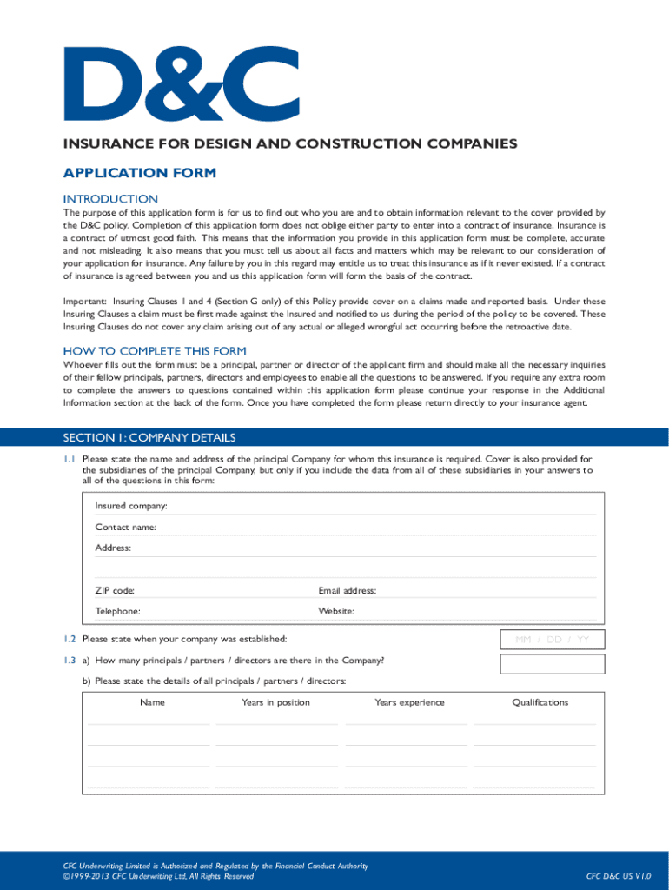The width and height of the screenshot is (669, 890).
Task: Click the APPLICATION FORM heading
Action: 139,173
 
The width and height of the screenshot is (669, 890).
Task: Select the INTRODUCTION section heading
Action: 110,199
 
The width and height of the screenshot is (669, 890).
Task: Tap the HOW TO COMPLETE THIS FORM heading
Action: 155,351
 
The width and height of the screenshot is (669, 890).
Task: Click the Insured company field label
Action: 131,506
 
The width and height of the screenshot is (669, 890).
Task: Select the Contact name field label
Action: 126,527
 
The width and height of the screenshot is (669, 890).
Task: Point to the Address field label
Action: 113,548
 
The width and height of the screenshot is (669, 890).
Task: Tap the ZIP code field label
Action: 115,590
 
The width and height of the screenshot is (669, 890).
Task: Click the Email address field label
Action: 347,590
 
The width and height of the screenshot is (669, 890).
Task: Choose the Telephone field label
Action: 117,611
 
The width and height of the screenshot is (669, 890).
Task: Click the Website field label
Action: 336,611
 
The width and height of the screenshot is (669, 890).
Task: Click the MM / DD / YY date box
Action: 553,640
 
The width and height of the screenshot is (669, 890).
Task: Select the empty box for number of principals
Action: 553,664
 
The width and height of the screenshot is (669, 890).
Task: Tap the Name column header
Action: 152,702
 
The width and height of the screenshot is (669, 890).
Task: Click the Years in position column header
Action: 275,702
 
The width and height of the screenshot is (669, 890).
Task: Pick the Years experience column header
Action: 409,702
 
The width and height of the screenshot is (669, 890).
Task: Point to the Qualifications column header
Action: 540,702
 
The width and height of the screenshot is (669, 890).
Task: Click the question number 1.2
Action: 69,639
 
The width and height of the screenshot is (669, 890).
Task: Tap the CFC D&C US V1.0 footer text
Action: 619,876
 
